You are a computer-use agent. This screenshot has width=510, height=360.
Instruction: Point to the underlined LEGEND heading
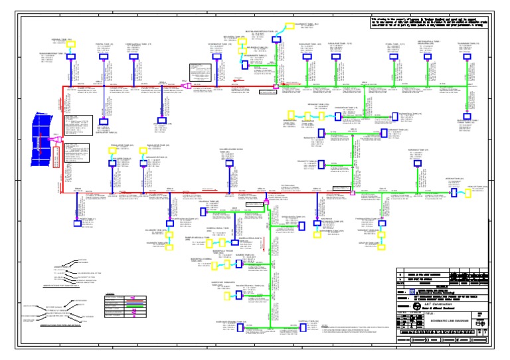tap(110, 293)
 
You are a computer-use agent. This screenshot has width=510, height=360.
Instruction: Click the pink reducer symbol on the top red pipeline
tap(188, 86)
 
